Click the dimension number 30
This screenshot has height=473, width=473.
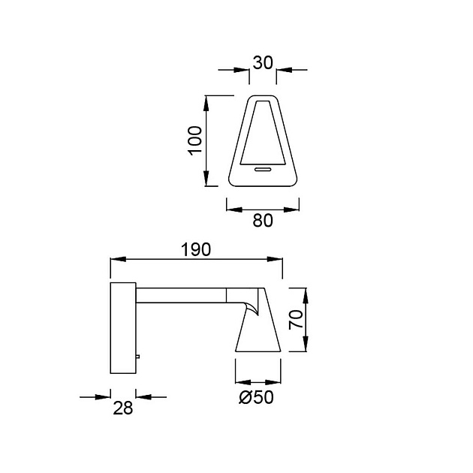pos(263,63)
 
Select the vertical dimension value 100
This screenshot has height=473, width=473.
pos(195,140)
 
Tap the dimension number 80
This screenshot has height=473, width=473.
pos(263,221)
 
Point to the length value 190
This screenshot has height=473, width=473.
pos(196,250)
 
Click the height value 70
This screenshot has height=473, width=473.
pos(296,319)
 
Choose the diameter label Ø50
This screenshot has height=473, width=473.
pos(257,397)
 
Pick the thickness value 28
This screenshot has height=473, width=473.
pos(123,408)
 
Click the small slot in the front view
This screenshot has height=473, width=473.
pos(263,169)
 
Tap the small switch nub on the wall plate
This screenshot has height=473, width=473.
pos(138,357)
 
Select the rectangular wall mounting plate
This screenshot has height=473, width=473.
pos(123,328)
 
